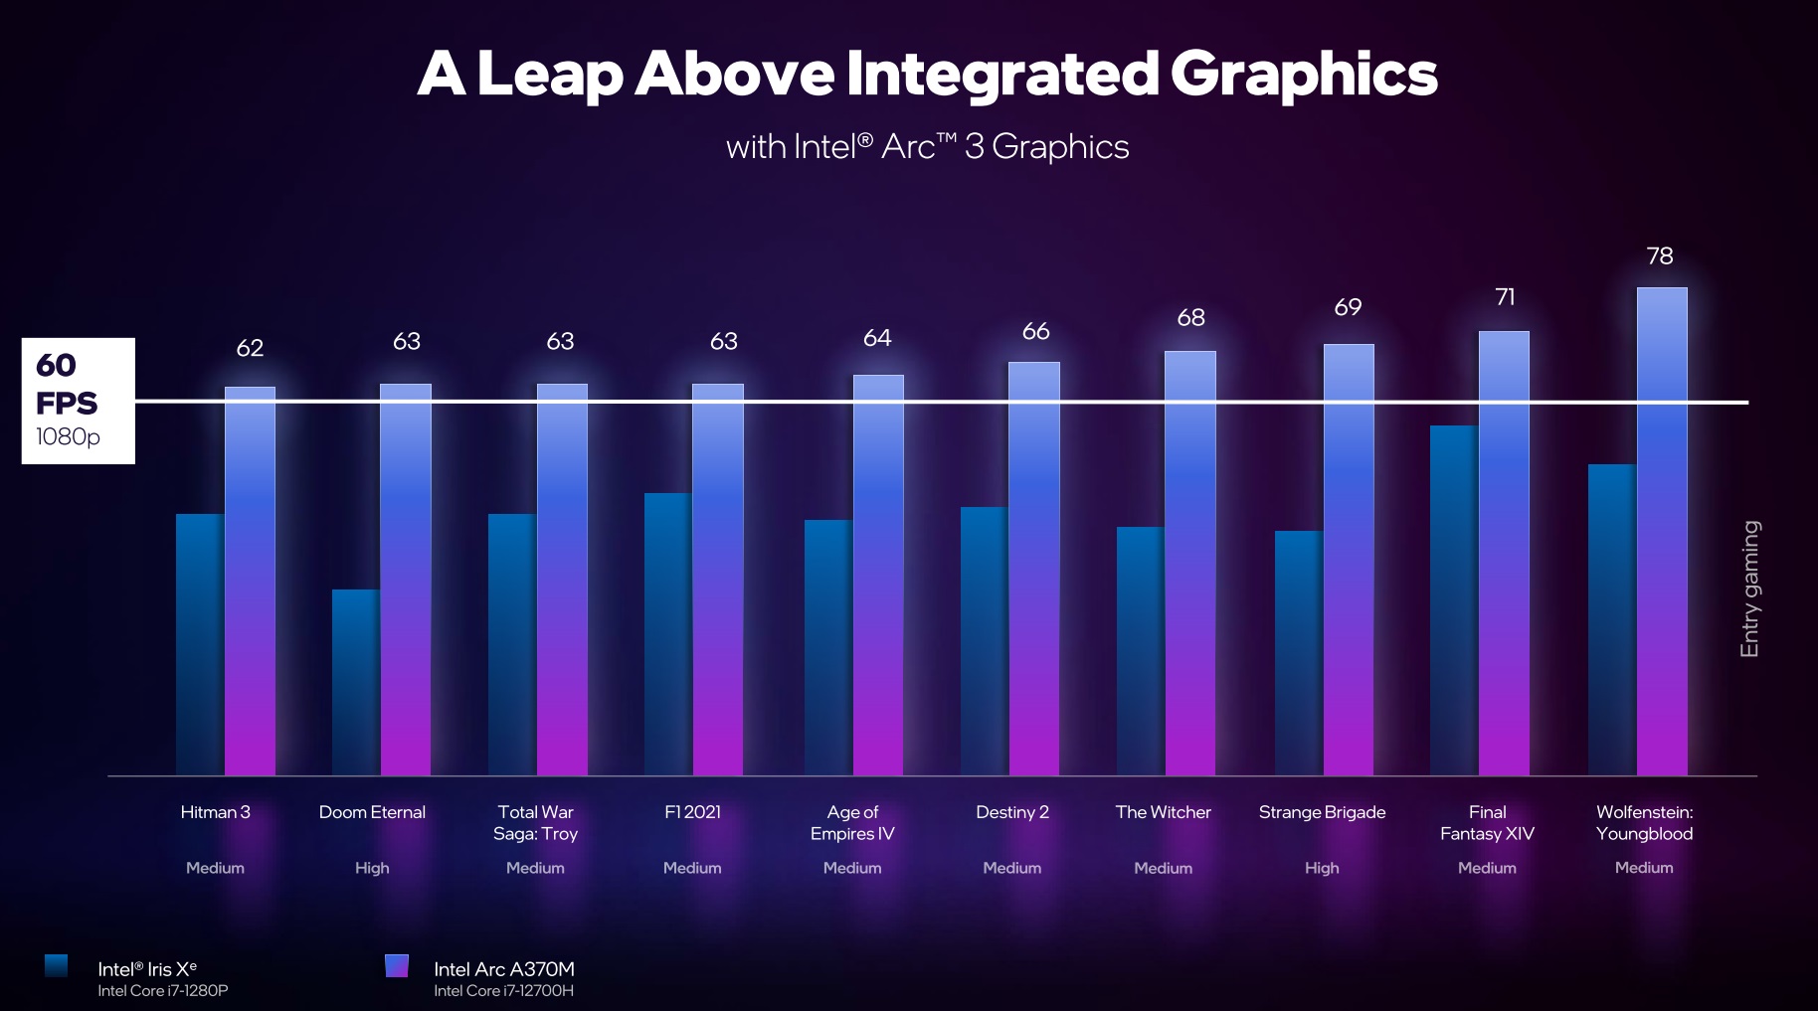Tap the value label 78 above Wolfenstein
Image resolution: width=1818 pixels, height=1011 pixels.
coord(1660,256)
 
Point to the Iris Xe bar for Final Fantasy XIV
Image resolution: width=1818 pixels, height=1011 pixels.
coord(1454,600)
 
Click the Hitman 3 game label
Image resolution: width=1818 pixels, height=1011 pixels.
coord(215,812)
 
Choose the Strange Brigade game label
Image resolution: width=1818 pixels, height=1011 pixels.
coord(1322,812)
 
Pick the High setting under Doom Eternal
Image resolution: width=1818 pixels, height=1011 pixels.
coord(372,868)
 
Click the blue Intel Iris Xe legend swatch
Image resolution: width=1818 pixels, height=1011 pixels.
coord(57,965)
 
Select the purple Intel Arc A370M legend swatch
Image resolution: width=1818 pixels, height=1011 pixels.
coord(397,965)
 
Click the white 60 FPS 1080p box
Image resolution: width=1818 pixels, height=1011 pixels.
coord(79,401)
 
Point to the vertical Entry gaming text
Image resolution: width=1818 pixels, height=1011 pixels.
coord(1749,589)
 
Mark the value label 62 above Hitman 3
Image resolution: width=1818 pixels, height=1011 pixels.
coord(250,348)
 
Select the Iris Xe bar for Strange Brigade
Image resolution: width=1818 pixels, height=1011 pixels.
coord(1299,653)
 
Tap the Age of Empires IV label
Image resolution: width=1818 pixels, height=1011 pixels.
coord(852,823)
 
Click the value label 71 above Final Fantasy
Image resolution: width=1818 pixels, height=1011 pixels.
coord(1505,297)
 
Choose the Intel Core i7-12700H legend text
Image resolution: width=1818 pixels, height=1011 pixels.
coord(503,991)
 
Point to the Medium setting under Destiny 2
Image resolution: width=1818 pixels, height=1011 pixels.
coord(1011,868)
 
